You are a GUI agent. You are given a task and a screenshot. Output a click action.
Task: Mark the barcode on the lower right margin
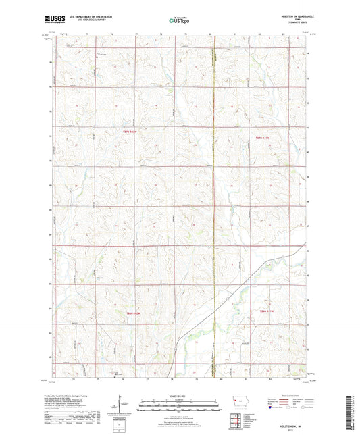[352, 412]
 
